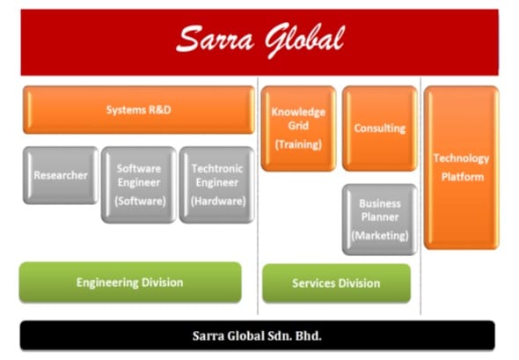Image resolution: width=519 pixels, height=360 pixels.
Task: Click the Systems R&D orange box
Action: (x=139, y=110)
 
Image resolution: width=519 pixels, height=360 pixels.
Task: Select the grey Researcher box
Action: (x=61, y=175)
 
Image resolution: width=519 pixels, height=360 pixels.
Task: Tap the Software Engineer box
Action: (x=139, y=185)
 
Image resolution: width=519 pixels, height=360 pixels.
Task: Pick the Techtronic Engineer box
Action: (x=217, y=185)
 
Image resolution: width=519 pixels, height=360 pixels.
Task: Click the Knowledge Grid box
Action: (x=298, y=129)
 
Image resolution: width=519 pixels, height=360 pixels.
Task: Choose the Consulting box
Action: (x=380, y=129)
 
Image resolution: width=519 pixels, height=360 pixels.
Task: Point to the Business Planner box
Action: (x=380, y=219)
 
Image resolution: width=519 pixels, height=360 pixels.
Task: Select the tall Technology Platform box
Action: (x=462, y=167)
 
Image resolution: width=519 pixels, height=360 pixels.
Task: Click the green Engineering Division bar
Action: (x=130, y=283)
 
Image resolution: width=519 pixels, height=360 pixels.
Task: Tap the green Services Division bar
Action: (x=336, y=283)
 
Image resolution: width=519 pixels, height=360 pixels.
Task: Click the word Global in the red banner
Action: (x=304, y=40)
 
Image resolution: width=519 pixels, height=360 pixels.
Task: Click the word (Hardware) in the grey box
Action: (x=218, y=202)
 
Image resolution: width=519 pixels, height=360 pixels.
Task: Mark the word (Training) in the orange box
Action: (x=298, y=144)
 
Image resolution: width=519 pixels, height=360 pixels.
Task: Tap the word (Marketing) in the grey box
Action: (x=380, y=236)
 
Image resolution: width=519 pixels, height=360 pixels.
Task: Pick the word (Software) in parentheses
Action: (x=140, y=201)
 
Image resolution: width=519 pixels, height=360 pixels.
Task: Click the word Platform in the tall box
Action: (x=463, y=177)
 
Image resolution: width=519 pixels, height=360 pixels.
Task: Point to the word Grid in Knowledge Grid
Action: (x=298, y=126)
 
